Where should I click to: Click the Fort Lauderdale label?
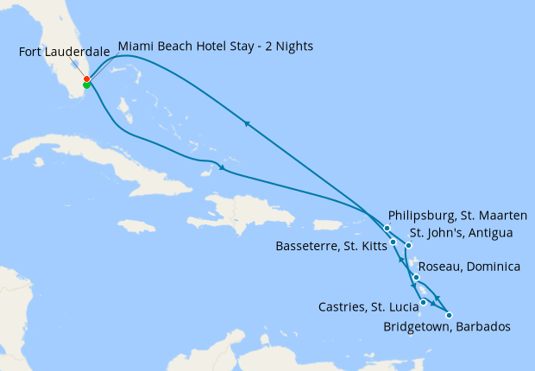(x=64, y=52)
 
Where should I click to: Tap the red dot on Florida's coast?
(x=86, y=79)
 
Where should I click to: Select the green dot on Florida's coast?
(x=86, y=85)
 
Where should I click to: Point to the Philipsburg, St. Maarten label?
(x=457, y=215)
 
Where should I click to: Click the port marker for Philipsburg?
(x=387, y=228)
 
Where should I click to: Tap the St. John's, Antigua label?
(x=462, y=232)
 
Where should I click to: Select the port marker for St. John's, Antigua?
(x=409, y=246)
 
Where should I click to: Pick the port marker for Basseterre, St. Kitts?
(x=393, y=242)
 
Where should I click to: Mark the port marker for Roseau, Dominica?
(x=417, y=277)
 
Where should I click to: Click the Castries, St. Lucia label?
(x=367, y=305)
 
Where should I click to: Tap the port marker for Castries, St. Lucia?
(x=423, y=302)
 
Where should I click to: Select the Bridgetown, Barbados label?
(x=446, y=327)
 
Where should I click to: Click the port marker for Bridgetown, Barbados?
(x=449, y=315)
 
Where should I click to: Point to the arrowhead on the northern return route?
(x=247, y=123)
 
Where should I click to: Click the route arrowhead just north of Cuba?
(x=223, y=167)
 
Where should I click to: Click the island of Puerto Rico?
(x=328, y=224)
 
